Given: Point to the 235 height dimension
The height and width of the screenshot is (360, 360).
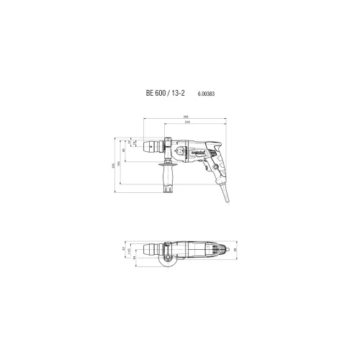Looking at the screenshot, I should click(x=116, y=165).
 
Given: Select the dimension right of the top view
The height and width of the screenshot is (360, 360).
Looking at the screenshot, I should click(x=235, y=250).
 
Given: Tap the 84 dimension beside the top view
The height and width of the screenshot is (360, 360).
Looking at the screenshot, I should click(x=134, y=256).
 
